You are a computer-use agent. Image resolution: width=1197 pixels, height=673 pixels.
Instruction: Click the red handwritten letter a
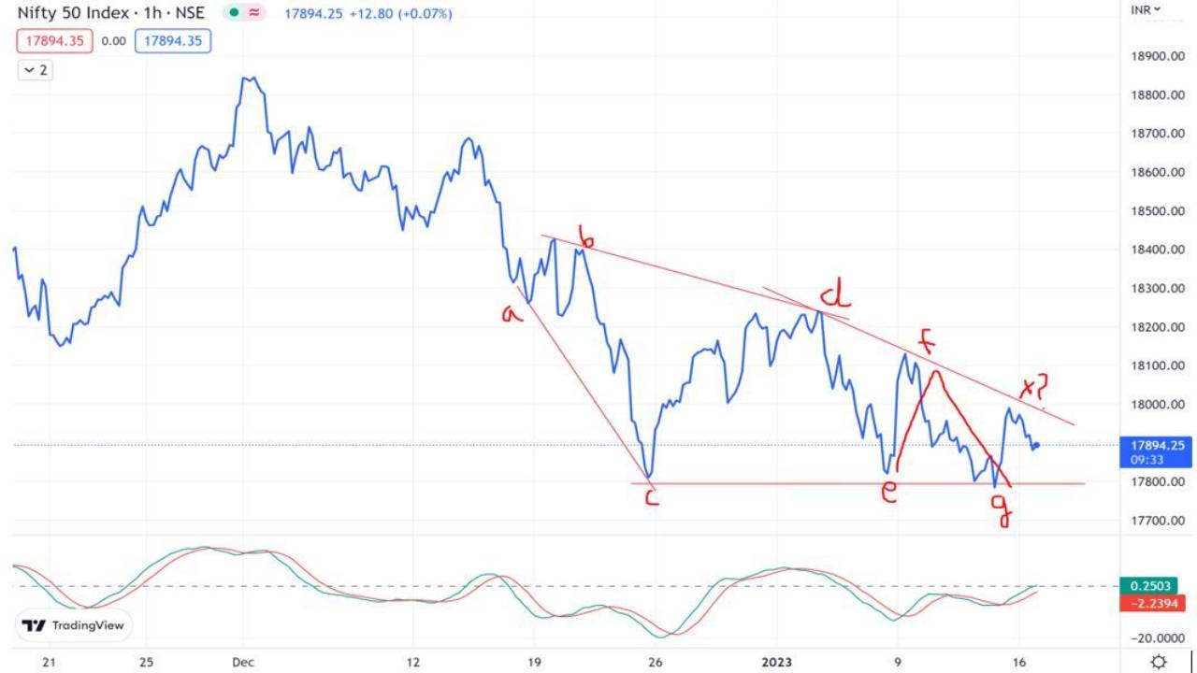click(512, 315)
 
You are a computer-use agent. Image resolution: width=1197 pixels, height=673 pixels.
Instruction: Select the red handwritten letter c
click(652, 497)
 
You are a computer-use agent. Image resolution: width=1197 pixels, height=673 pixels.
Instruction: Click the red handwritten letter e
click(888, 493)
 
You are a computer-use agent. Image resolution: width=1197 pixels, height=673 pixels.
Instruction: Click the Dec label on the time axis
click(242, 662)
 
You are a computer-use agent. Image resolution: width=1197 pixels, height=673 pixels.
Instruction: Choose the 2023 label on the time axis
click(775, 662)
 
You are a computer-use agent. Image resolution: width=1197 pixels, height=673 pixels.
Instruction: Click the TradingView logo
click(73, 625)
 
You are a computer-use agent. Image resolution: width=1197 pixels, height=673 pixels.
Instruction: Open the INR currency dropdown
click(1145, 9)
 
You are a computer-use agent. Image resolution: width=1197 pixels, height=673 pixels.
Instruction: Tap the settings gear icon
click(1159, 662)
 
